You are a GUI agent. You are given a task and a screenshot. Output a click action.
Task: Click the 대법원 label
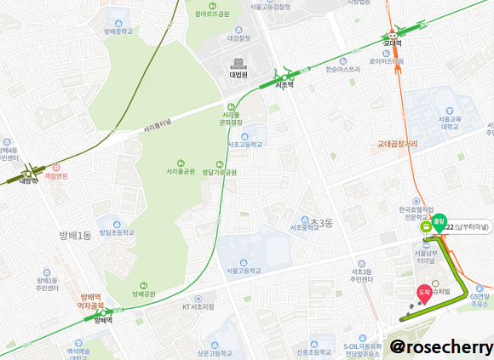(x=237, y=74)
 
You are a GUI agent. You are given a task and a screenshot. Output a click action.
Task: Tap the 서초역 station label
(x=285, y=85)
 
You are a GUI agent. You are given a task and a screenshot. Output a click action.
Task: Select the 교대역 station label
(x=392, y=43)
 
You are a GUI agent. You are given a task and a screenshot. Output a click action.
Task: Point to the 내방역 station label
(x=29, y=180)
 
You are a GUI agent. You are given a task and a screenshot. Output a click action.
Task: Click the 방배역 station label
(x=103, y=321)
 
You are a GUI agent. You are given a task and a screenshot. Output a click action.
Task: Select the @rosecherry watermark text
(x=441, y=346)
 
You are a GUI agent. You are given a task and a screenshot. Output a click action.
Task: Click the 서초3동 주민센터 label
(x=362, y=276)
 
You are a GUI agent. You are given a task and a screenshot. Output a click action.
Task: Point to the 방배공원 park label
(x=144, y=294)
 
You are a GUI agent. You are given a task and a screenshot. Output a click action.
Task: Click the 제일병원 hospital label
(x=56, y=176)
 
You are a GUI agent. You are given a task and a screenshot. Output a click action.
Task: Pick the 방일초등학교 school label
(x=117, y=231)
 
